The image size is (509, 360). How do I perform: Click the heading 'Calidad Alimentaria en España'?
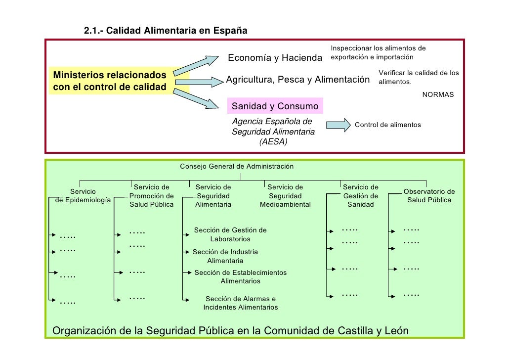177,31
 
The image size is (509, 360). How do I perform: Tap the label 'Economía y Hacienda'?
274,58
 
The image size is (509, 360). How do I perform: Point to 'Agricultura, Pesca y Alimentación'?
297,80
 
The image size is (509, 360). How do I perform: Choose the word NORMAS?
438,94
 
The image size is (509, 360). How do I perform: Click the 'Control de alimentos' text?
388,125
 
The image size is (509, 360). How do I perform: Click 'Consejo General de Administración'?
237,167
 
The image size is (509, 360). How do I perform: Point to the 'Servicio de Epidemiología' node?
83,196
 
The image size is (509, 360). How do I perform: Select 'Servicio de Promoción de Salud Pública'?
152,196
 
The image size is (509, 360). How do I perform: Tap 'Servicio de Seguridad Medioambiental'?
285,196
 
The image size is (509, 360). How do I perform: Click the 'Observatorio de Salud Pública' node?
429,196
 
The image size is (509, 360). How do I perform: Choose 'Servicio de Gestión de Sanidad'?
360,196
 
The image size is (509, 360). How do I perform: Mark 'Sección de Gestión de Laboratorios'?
230,234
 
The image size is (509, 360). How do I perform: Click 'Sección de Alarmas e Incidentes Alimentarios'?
240,303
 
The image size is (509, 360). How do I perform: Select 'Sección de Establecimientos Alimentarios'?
240,277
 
